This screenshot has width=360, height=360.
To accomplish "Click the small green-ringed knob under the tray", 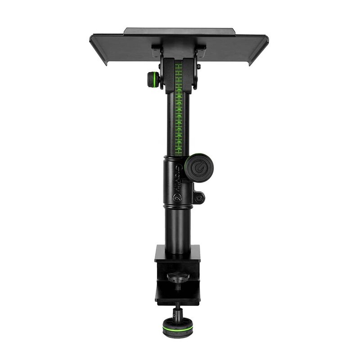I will point(153,81).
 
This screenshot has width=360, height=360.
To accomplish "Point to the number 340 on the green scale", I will point(180,148).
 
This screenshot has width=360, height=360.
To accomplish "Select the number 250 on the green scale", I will point(180,90).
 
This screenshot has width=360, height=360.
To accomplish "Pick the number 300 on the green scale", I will point(180,122).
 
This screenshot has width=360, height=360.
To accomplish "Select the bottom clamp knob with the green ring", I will point(176,326).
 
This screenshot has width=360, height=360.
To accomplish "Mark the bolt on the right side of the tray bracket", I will point(198,67).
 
